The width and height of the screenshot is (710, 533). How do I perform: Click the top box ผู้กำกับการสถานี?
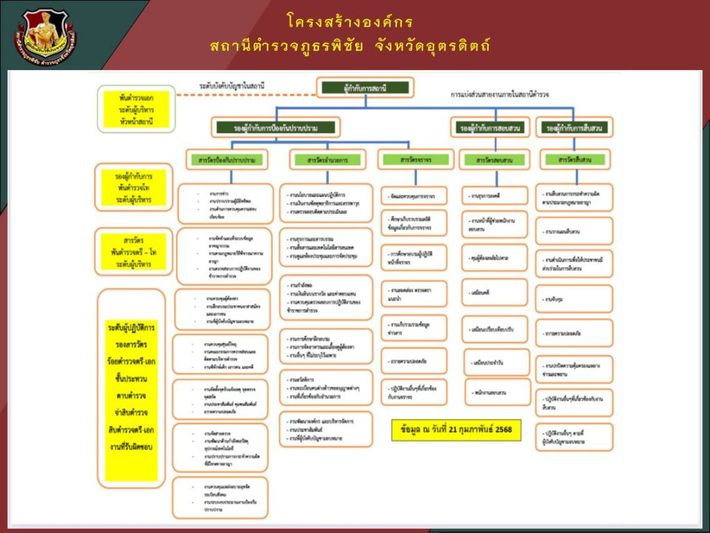point(365,87)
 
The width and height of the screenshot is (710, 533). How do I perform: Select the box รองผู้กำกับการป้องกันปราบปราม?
point(276,128)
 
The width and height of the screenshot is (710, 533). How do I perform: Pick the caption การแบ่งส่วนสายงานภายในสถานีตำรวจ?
point(499,93)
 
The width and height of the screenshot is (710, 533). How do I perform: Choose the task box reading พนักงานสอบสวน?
point(494,393)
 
